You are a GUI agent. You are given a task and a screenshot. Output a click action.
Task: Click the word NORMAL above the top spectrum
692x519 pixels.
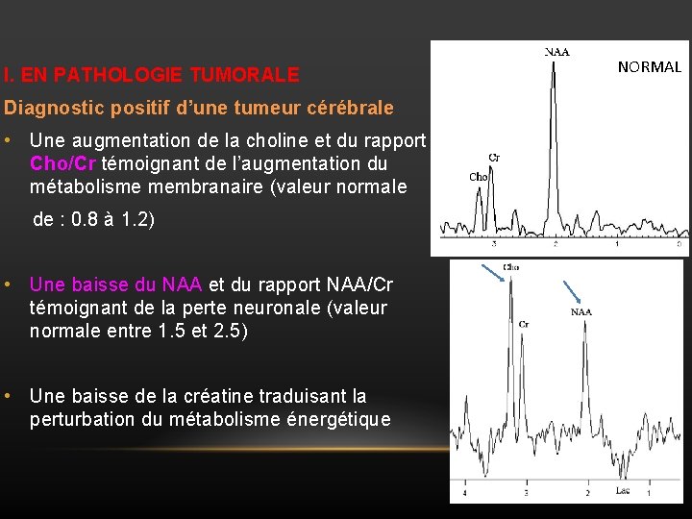[x=649, y=67]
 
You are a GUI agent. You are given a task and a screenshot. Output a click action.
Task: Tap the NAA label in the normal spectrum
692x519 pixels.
[x=556, y=52]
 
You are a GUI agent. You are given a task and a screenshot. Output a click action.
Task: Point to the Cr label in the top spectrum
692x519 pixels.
[x=494, y=157]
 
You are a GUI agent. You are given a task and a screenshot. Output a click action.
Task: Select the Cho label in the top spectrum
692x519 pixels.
[x=478, y=177]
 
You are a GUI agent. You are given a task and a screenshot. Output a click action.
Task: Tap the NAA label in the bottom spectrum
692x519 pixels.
[x=581, y=311]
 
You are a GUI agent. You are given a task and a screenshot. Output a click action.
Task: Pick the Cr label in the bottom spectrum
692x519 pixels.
[x=524, y=325]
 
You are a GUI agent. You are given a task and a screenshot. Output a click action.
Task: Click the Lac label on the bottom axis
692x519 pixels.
[x=623, y=491]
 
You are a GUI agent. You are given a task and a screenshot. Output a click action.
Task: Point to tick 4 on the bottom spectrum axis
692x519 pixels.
[x=465, y=493]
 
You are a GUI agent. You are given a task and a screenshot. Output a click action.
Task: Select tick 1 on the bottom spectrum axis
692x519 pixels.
[x=649, y=493]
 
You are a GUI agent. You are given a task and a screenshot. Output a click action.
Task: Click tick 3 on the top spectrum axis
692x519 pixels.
[x=493, y=246]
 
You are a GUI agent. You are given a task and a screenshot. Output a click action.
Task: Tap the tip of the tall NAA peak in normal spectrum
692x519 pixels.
[x=553, y=62]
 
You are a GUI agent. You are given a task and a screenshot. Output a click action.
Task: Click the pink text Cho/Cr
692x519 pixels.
[x=63, y=163]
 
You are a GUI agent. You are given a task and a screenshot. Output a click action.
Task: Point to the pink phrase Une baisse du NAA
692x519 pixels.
[x=115, y=284]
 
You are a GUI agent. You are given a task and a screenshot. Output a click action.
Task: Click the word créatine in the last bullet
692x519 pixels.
[x=280, y=396]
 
